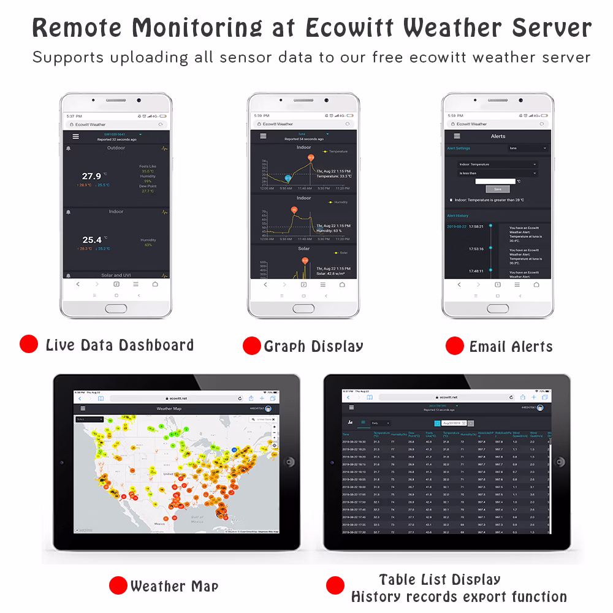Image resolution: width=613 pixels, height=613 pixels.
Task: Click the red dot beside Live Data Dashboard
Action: (29, 345)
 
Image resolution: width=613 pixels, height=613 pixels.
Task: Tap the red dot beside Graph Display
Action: (251, 346)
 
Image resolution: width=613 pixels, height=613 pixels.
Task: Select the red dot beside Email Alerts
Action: (454, 346)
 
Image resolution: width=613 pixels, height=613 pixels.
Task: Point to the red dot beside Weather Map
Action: (118, 585)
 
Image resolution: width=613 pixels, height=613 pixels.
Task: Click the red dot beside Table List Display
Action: (335, 585)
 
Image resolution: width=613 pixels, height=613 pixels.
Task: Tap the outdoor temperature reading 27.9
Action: (91, 176)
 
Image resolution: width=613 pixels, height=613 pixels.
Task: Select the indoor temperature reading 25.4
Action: (91, 240)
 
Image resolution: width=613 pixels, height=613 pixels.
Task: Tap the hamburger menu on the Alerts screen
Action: (457, 136)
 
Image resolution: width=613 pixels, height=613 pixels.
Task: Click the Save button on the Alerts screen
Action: (497, 189)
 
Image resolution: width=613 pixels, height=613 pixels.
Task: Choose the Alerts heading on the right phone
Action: (498, 136)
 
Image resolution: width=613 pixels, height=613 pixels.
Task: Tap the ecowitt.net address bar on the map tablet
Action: (176, 398)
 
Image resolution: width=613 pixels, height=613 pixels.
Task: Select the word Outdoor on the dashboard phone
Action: (116, 148)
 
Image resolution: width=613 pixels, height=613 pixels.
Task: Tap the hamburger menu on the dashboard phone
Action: (75, 136)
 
